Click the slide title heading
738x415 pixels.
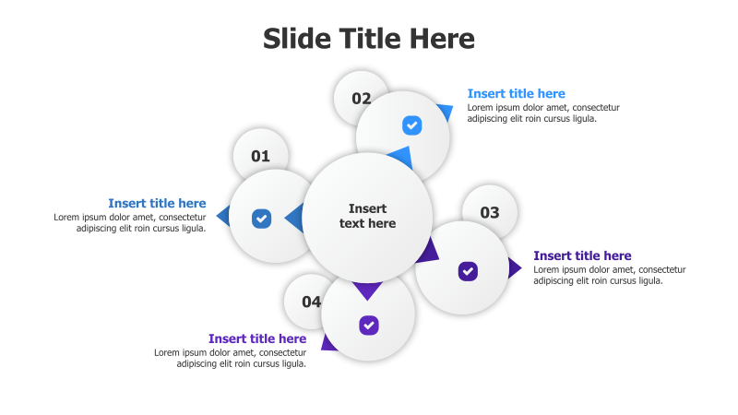pos(368,39)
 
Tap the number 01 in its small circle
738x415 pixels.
pos(260,156)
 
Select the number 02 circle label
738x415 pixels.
pos(361,99)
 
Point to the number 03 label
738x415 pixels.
pos(489,213)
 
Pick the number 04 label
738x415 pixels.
pos(311,302)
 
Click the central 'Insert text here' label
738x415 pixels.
pos(367,216)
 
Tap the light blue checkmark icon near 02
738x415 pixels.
pos(411,125)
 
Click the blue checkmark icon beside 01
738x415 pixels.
pos(262,219)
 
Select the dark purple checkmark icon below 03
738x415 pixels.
pos(468,271)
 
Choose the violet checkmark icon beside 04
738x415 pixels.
pos(369,325)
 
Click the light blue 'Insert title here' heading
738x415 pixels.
pos(516,94)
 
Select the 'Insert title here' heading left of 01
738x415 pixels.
pos(157,204)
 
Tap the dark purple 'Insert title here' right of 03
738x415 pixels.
pos(582,255)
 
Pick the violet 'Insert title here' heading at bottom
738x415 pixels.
pos(257,338)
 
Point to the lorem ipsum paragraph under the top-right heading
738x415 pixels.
pos(542,113)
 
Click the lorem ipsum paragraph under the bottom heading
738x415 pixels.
pos(230,358)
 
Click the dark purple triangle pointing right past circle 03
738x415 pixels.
pos(514,268)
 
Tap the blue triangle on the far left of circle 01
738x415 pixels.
pos(223,217)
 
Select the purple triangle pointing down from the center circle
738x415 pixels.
pos(367,290)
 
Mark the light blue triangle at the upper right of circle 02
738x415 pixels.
pos(446,113)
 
